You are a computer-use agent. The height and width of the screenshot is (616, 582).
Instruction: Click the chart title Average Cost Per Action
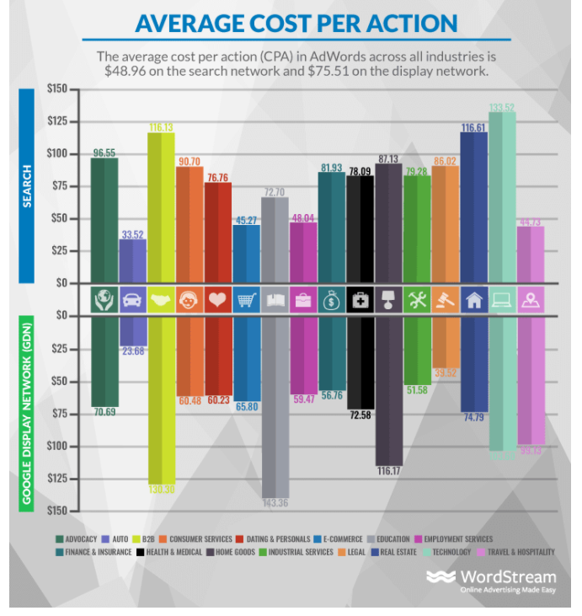pos(296,23)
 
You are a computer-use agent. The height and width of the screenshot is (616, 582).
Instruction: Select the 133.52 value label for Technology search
pos(502,107)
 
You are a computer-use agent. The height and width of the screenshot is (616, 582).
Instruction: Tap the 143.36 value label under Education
pos(275,503)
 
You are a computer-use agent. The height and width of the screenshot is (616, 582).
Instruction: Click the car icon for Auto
pos(132,300)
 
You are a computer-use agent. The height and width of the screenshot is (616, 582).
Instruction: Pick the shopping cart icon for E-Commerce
pos(246,300)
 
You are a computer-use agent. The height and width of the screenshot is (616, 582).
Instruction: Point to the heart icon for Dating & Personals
pos(217,300)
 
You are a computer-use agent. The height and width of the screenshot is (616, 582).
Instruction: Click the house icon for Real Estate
pos(473,300)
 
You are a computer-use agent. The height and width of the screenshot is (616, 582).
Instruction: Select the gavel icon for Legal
pos(445,300)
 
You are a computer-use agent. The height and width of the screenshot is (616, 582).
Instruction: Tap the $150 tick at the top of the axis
pos(56,88)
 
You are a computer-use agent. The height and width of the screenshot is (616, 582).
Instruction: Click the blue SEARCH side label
pos(26,185)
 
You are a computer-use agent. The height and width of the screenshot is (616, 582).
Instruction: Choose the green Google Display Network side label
pos(26,414)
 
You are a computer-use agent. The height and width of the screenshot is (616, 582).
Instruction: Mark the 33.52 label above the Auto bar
pos(132,233)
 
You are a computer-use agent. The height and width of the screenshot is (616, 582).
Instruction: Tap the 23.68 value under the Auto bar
pos(132,351)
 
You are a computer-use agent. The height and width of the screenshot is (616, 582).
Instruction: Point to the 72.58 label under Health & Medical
pos(360,415)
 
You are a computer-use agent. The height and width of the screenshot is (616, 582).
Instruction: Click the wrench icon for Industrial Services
pos(416,300)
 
